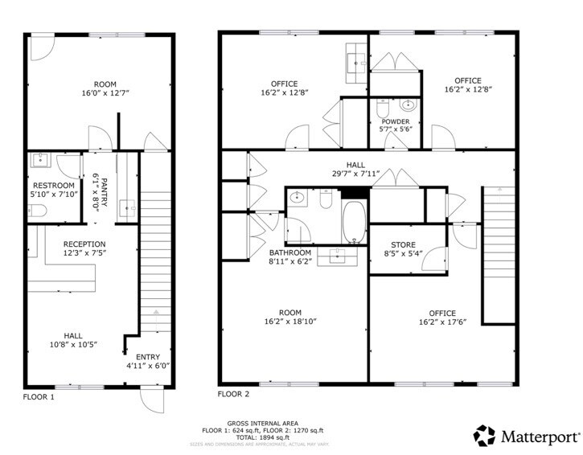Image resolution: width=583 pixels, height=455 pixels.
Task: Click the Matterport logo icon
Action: click(x=484, y=436)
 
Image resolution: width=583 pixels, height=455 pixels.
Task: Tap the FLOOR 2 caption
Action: click(x=234, y=395)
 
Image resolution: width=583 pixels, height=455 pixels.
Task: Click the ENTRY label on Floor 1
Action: click(x=148, y=357)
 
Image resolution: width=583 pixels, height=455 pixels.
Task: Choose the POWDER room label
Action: click(x=395, y=121)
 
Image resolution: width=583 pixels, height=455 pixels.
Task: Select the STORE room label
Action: click(x=403, y=245)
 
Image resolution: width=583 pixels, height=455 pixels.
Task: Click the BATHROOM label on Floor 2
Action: click(x=291, y=252)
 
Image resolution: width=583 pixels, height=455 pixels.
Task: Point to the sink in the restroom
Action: click(x=39, y=161)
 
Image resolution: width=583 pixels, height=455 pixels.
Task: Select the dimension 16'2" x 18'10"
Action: click(x=290, y=322)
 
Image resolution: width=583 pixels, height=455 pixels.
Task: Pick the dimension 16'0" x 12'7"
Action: click(x=105, y=93)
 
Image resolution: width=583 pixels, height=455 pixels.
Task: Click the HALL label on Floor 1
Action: click(x=72, y=336)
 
